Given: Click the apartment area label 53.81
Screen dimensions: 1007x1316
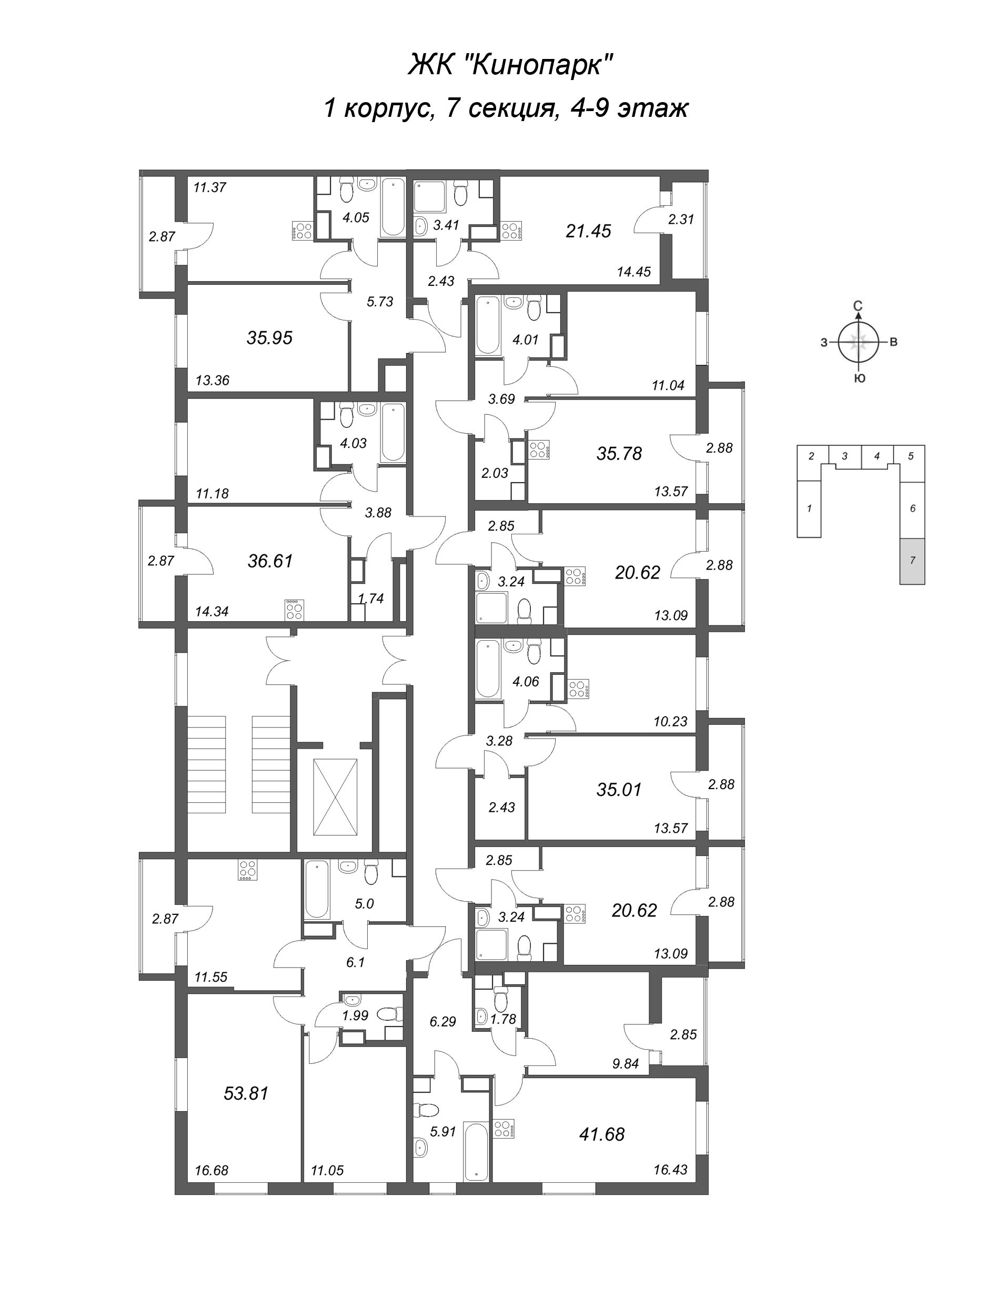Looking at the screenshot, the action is point(246,1093).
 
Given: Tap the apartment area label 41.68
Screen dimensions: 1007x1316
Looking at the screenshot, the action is point(602,1134).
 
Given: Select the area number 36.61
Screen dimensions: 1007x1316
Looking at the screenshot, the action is point(270,561).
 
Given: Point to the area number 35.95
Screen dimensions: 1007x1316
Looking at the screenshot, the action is point(270,338).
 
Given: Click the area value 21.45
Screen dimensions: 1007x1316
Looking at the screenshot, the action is point(589,231).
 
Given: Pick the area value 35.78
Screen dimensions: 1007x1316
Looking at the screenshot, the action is point(619,454).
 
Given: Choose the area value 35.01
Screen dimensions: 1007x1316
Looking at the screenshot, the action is point(619,790).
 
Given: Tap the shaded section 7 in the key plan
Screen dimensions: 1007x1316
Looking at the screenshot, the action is point(912,561).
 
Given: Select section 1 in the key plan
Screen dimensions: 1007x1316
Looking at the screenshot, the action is point(809,509).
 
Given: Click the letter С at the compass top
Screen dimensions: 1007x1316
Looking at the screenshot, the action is point(858,307).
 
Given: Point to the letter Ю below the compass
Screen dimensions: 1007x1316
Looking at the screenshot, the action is point(859,379).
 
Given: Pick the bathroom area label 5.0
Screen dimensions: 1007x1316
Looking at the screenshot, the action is point(364,903).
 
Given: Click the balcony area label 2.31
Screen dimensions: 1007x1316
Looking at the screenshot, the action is point(680,220).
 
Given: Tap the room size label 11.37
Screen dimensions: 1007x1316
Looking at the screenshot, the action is point(210,187).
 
